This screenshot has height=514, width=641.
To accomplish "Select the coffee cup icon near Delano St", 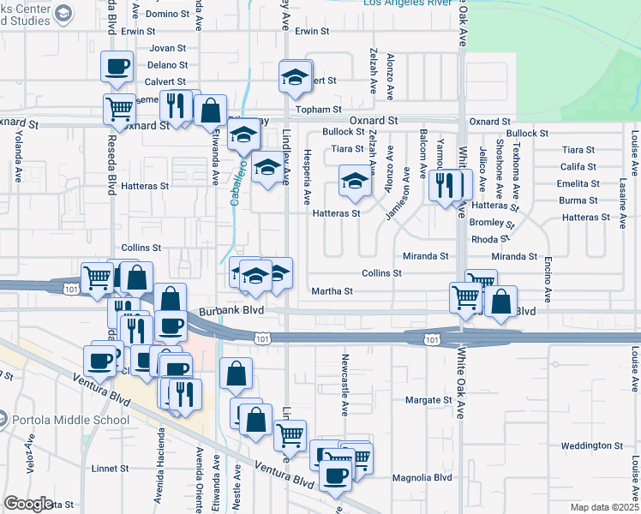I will pos(117,66).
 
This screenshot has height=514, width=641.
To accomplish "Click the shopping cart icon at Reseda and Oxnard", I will pos(119,108).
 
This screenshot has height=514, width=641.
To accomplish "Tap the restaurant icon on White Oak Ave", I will pos(444,184).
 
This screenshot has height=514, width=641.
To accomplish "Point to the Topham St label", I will pos(313,110).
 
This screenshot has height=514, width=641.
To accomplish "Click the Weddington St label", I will pos(592,445).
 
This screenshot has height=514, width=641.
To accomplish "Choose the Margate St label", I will pos(428,400).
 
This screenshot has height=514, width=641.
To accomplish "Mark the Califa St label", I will pos(578,167).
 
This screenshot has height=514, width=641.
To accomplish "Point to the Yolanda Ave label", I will pos(17,157).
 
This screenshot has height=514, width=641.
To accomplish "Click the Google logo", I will pos(28,503).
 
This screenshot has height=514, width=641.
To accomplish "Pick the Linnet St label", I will pos(109,469).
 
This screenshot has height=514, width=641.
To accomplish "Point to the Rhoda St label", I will pos(490,239).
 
